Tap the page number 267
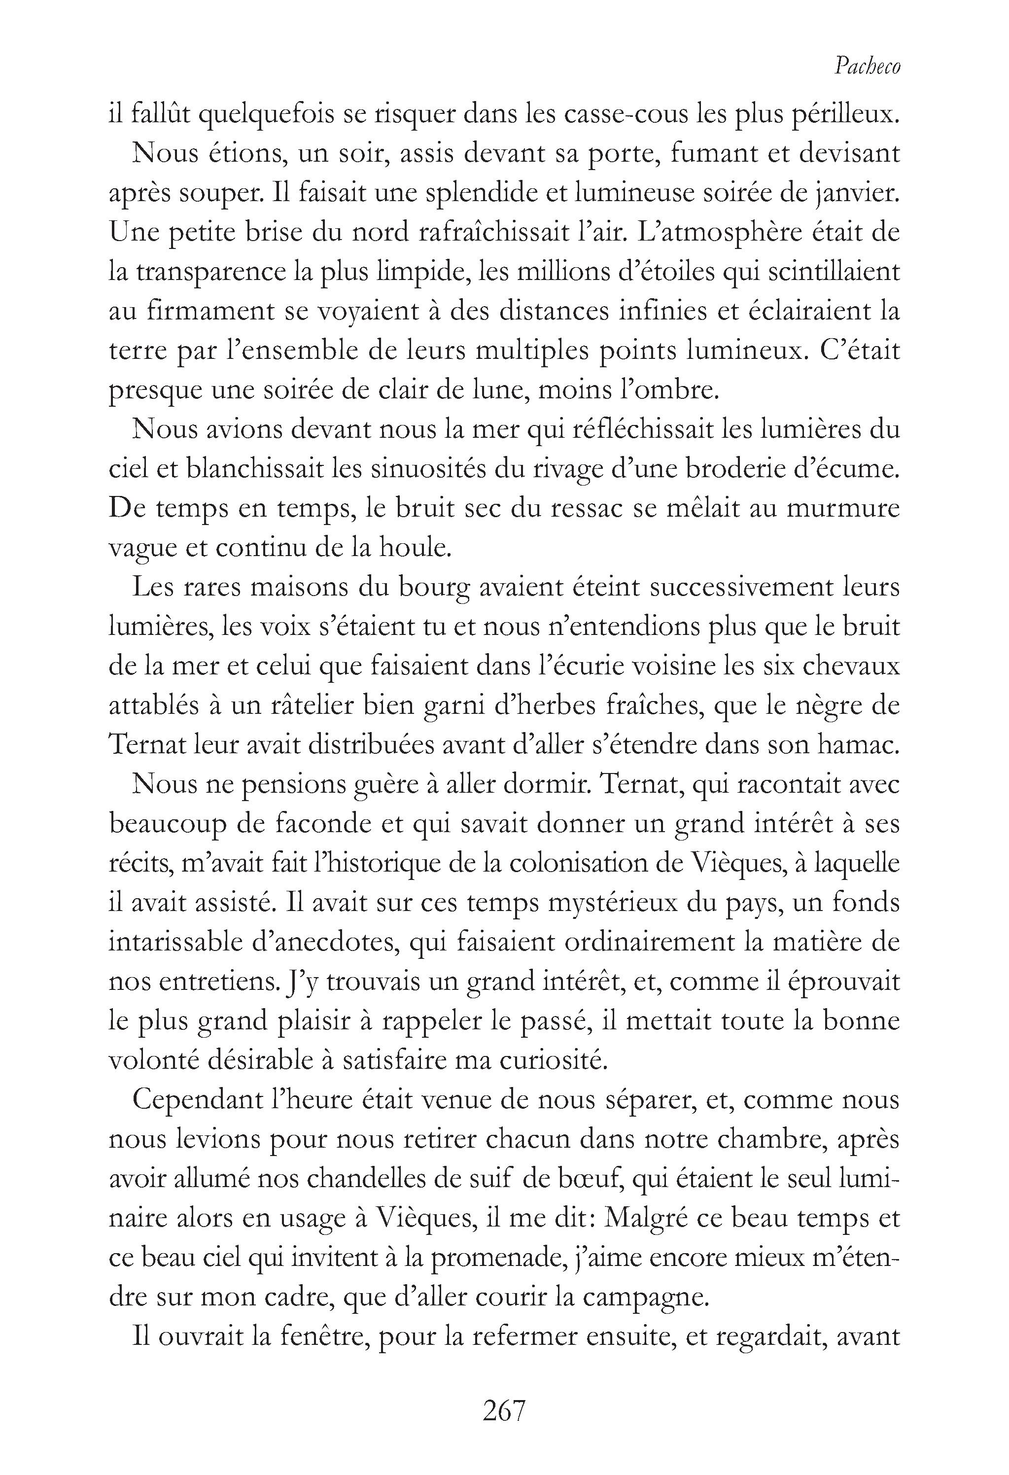(x=505, y=1411)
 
